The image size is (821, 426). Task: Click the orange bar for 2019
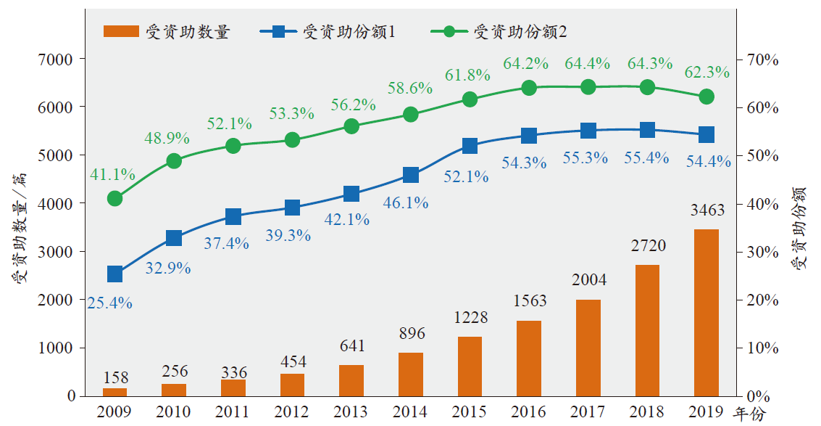coord(707,313)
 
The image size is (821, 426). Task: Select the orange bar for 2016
coord(529,359)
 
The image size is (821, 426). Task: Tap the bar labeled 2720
coord(647,330)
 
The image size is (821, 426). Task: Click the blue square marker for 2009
coord(114,274)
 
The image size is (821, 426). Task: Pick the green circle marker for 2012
coord(292,140)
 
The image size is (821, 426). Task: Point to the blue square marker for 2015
coord(470,146)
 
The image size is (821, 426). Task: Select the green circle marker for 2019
coord(707,97)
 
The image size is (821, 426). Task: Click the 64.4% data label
coord(588,64)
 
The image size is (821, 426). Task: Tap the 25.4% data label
coord(109,303)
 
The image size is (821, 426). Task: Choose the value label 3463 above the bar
coord(707,210)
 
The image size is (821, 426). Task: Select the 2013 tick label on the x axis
coord(351,412)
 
